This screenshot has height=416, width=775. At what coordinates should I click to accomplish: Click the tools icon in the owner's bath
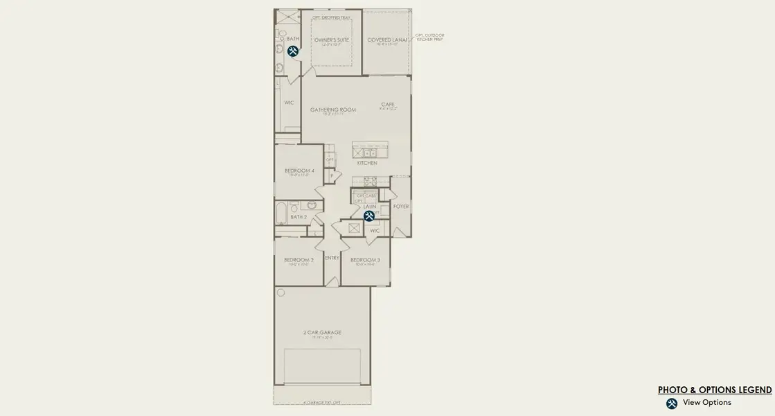click(x=293, y=51)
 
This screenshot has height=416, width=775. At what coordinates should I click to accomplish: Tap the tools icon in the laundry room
click(x=369, y=216)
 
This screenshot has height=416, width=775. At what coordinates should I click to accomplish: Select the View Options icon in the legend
click(x=671, y=404)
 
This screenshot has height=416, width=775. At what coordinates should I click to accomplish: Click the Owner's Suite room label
click(x=332, y=40)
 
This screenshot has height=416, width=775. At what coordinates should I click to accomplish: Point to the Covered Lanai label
click(x=387, y=40)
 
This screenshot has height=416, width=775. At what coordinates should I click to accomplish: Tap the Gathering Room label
click(x=333, y=110)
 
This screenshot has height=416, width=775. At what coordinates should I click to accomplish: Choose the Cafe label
click(x=387, y=105)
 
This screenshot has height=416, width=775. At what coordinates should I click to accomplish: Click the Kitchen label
click(x=367, y=163)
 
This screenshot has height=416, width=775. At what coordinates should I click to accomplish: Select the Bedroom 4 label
click(x=299, y=171)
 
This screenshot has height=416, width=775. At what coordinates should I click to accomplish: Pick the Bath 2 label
click(x=299, y=217)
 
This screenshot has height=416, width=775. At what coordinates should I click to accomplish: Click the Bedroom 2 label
click(x=299, y=260)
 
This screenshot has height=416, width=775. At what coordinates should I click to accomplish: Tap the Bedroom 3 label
click(x=365, y=260)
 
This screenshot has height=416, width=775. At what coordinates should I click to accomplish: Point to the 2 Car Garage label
click(x=322, y=333)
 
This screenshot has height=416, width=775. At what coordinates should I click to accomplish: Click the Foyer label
click(x=401, y=207)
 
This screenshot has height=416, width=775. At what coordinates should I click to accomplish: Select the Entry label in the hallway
click(x=332, y=258)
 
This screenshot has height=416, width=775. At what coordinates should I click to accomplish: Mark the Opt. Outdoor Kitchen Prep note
click(x=429, y=37)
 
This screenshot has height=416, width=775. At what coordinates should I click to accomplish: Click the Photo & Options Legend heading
click(x=715, y=390)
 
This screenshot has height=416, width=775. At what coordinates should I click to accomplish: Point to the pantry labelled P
click(x=332, y=176)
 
